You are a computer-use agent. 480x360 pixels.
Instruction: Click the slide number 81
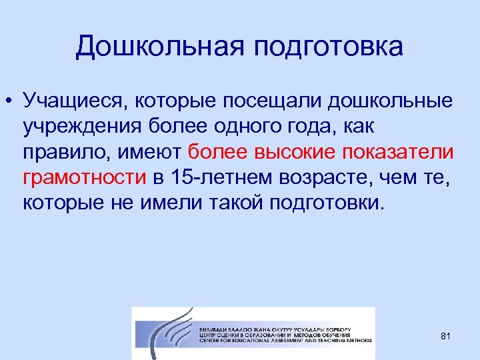(446, 337)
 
